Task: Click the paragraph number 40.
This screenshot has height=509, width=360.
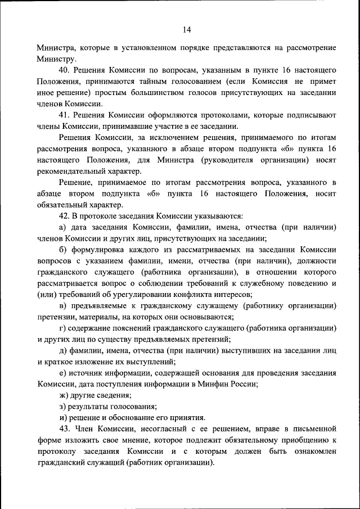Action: pyautogui.click(x=65, y=70)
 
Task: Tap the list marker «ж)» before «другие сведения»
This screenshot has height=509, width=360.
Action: pyautogui.click(x=64, y=395)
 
